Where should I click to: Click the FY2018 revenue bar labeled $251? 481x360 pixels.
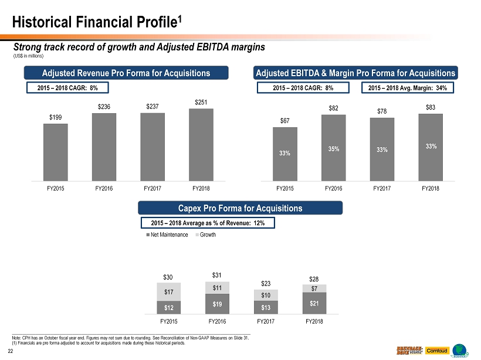pyautogui.click(x=201, y=144)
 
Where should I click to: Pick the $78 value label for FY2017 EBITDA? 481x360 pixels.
pyautogui.click(x=382, y=111)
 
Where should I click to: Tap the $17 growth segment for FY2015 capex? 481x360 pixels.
pyautogui.click(x=168, y=292)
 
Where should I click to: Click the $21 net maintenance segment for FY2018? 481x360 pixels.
pyautogui.click(x=314, y=303)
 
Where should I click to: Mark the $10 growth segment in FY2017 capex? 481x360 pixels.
pyautogui.click(x=266, y=295)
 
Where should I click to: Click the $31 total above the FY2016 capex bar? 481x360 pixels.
pyautogui.click(x=217, y=275)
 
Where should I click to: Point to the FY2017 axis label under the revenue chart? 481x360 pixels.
pyautogui.click(x=153, y=189)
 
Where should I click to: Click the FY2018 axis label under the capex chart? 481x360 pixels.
pyautogui.click(x=314, y=321)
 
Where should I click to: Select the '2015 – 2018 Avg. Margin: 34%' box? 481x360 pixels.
pyautogui.click(x=408, y=88)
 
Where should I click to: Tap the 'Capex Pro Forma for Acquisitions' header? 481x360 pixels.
pyautogui.click(x=240, y=208)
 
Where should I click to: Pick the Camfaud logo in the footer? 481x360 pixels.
pyautogui.click(x=437, y=350)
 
